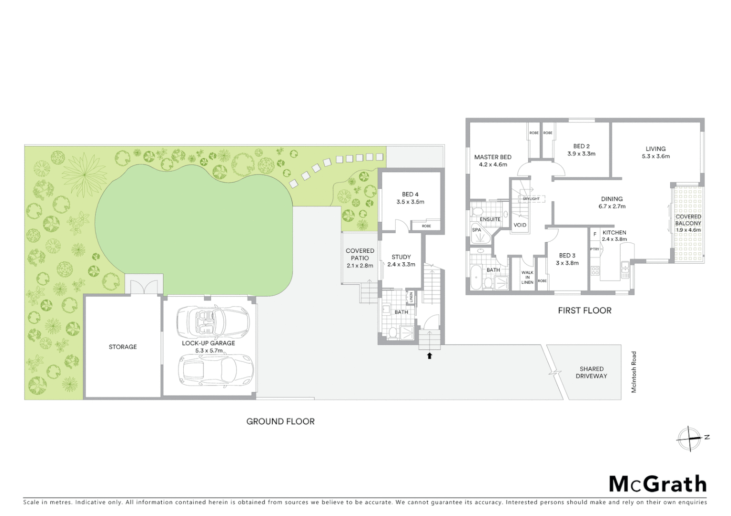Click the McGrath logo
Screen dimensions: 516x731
pos(657,484)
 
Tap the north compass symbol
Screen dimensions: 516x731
pos(689,438)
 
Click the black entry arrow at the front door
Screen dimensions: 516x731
pos(430,355)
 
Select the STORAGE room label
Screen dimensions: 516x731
pos(122,347)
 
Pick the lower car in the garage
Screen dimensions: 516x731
pos(215,370)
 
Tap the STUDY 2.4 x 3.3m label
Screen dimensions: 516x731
pos(401,260)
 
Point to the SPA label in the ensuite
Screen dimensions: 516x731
pos(476,230)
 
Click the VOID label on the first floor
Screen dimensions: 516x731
pos(520,225)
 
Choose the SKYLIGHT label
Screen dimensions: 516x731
pos(531,199)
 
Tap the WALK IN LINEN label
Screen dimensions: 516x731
pos(527,278)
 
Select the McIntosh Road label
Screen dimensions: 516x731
pos(634,372)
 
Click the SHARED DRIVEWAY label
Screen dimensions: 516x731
pos(591,372)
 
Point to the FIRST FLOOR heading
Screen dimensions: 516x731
pos(585,311)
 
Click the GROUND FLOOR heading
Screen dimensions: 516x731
pos(280,421)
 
